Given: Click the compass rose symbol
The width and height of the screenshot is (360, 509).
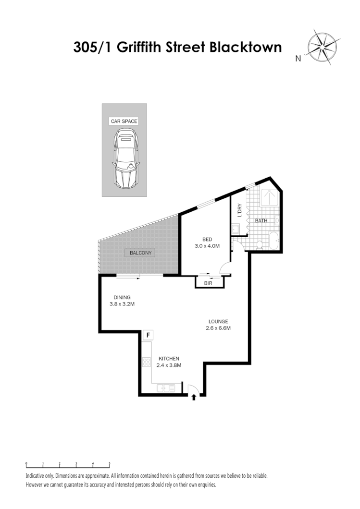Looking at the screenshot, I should [323, 47].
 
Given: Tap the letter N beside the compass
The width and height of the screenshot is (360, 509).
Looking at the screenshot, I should [298, 59].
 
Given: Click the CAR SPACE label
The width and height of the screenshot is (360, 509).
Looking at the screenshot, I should [124, 121].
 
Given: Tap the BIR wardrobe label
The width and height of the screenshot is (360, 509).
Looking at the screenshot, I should [209, 284].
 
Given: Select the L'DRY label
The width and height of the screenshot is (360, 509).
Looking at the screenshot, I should [239, 211].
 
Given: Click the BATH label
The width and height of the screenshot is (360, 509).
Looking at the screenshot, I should [261, 221].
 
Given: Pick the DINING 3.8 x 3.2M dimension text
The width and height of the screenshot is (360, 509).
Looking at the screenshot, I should [122, 301].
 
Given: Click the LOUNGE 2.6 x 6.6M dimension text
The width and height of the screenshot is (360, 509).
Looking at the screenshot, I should [218, 325].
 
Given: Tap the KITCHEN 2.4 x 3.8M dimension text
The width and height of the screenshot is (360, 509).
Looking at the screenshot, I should [169, 362].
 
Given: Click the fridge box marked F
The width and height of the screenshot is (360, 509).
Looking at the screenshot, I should [148, 335].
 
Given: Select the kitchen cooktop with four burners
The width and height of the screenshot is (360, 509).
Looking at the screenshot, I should [146, 363].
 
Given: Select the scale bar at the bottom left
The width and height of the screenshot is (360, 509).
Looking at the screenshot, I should [68, 465].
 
